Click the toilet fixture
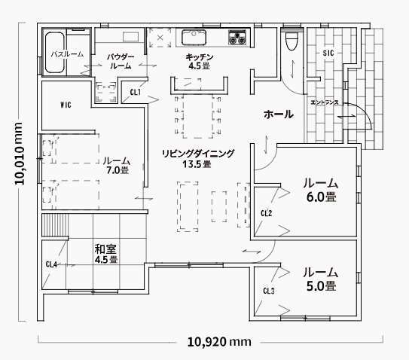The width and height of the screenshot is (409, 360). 291,41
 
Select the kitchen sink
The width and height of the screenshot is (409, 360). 194,38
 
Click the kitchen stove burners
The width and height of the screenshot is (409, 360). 237,38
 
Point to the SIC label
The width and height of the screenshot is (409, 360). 328,53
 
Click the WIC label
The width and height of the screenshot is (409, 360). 66,105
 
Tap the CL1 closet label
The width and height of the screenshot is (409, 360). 136,92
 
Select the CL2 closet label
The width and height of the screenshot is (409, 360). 267,213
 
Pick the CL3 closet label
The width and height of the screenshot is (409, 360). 269,291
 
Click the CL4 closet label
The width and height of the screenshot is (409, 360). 51,264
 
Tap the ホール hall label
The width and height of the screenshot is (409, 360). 279,114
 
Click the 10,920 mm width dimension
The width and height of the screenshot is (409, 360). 219,342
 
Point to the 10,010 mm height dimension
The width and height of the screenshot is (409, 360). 20,154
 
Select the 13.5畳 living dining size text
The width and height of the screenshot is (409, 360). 197,164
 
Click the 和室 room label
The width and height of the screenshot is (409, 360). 105,249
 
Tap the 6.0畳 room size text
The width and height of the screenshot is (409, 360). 321,197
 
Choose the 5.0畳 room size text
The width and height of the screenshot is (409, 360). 321,286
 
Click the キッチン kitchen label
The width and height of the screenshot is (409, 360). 200,56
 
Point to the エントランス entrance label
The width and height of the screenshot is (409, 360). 325,102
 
